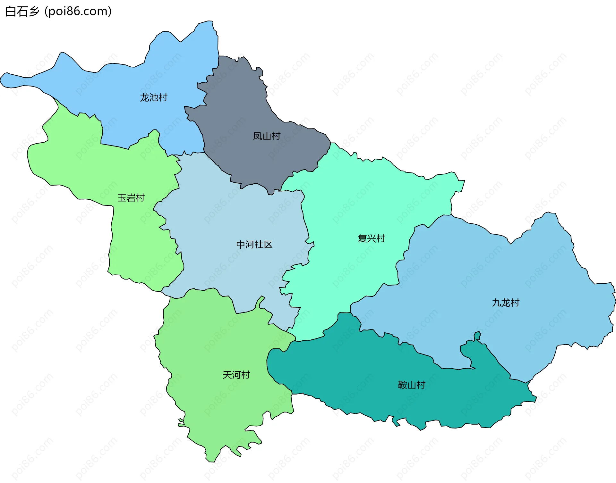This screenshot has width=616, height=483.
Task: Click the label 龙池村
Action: (x=153, y=97)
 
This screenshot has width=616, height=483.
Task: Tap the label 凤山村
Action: (x=266, y=136)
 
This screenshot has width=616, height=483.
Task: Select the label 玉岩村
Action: (x=131, y=198)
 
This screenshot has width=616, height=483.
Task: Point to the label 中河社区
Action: (x=254, y=245)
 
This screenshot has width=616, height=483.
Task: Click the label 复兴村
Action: (x=371, y=238)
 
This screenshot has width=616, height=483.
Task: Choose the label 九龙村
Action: (x=505, y=303)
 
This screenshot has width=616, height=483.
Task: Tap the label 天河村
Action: (x=236, y=375)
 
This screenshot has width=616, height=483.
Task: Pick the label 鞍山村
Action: (x=411, y=385)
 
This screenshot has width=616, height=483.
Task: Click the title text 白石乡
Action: (x=22, y=12)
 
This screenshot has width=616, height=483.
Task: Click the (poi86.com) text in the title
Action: (x=78, y=12)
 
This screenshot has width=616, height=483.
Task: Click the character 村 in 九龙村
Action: (x=515, y=303)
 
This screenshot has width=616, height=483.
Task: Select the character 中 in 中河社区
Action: (x=241, y=245)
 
